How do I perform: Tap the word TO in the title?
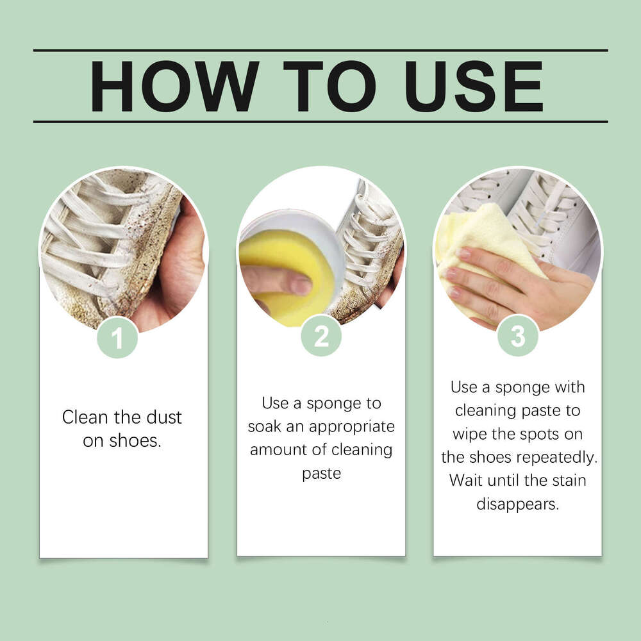point(329,87)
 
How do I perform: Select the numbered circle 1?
point(117,338)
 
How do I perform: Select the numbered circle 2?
point(321,336)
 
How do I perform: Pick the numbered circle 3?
point(518,336)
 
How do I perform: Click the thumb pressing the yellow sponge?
point(278,281)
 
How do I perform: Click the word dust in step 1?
point(164,417)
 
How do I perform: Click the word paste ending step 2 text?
point(321,474)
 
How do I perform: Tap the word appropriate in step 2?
point(351,427)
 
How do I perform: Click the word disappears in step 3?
point(517,504)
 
